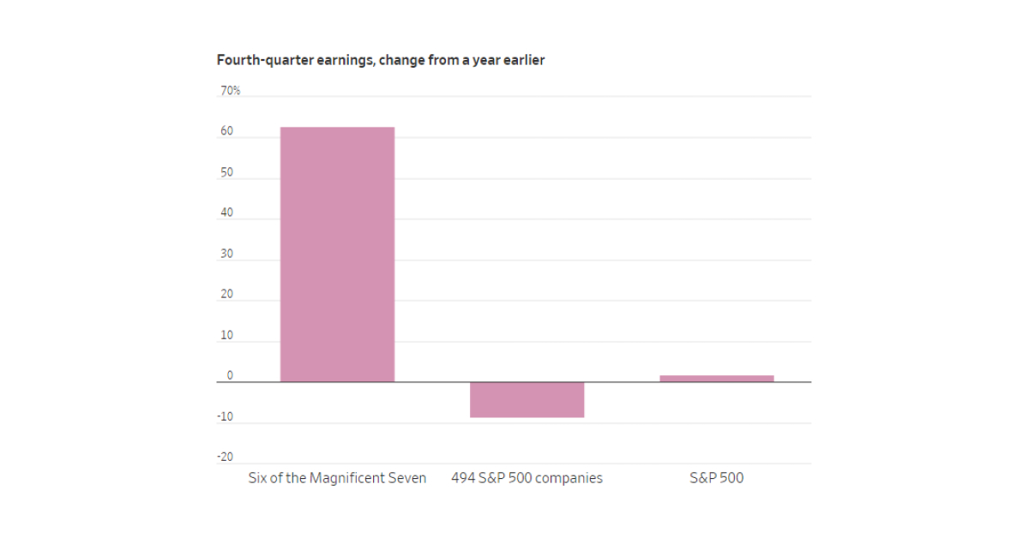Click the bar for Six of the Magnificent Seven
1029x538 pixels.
tap(337, 254)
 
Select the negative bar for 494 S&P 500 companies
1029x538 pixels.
tap(527, 400)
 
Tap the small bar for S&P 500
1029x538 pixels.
tap(716, 379)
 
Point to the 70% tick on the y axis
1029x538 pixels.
tap(230, 91)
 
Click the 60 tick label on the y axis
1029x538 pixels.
tap(226, 132)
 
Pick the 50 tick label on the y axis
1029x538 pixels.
tap(226, 173)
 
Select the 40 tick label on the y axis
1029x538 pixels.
tap(226, 213)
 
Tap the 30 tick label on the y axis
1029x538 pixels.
tap(226, 254)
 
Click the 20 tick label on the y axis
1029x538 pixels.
tap(226, 295)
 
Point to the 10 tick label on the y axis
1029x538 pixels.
tap(226, 336)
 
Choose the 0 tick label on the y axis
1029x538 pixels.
tap(229, 376)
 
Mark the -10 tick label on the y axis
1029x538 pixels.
tap(225, 417)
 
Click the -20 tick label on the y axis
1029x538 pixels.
tap(225, 457)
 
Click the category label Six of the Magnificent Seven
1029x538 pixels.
tap(337, 478)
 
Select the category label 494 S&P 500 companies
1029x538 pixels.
tap(527, 478)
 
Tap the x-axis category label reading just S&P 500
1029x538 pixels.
tap(716, 478)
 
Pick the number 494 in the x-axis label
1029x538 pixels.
tap(464, 478)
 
